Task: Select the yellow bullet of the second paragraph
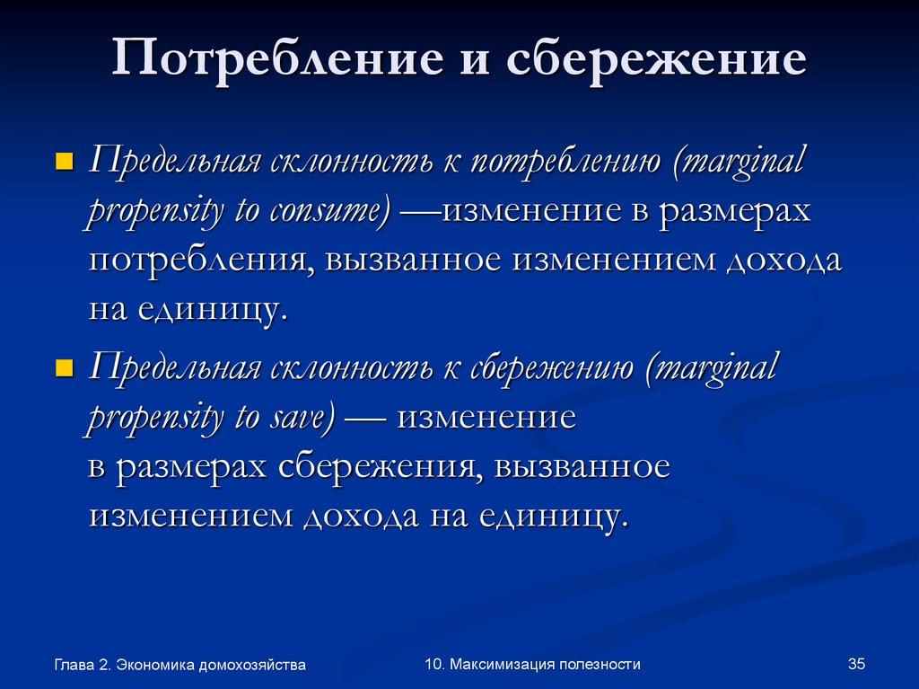click(x=64, y=368)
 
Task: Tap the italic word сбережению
click(x=547, y=367)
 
